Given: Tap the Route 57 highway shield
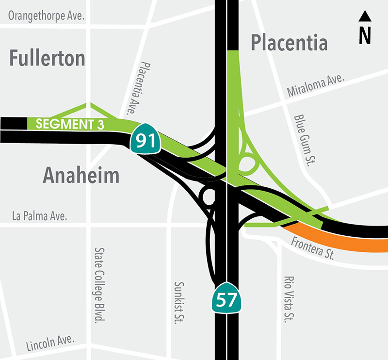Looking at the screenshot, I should point(226,300).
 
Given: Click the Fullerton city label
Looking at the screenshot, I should point(48,58).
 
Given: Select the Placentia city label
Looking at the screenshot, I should point(289,43).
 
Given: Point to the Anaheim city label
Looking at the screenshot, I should point(81,175).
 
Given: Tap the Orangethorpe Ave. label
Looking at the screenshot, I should point(47,16).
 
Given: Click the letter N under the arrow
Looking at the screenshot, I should point(365,35).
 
